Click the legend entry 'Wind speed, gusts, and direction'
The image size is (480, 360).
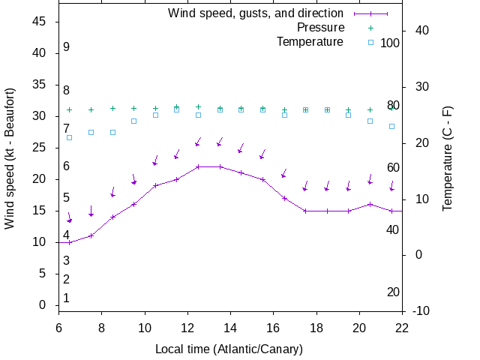(255, 13)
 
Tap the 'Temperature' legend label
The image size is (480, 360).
(310, 41)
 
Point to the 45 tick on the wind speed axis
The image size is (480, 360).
(40, 22)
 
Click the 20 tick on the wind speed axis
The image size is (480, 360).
(40, 179)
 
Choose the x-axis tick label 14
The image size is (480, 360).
(230, 327)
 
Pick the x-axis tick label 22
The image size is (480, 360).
(402, 327)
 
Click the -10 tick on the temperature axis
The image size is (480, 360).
(421, 311)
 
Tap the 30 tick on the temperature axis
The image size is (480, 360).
(418, 86)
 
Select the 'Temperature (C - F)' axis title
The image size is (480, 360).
(447, 157)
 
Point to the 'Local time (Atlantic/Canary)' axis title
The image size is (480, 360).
(229, 349)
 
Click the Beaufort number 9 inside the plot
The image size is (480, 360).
(67, 46)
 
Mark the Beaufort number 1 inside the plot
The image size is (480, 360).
(67, 298)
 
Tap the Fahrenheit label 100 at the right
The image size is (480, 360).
(390, 43)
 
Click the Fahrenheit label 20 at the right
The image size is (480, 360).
(393, 292)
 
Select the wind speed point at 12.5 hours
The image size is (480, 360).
(198, 166)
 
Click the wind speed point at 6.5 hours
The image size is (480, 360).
(70, 242)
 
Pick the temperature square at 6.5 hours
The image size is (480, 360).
(70, 137)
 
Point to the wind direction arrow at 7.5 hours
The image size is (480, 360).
(91, 211)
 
